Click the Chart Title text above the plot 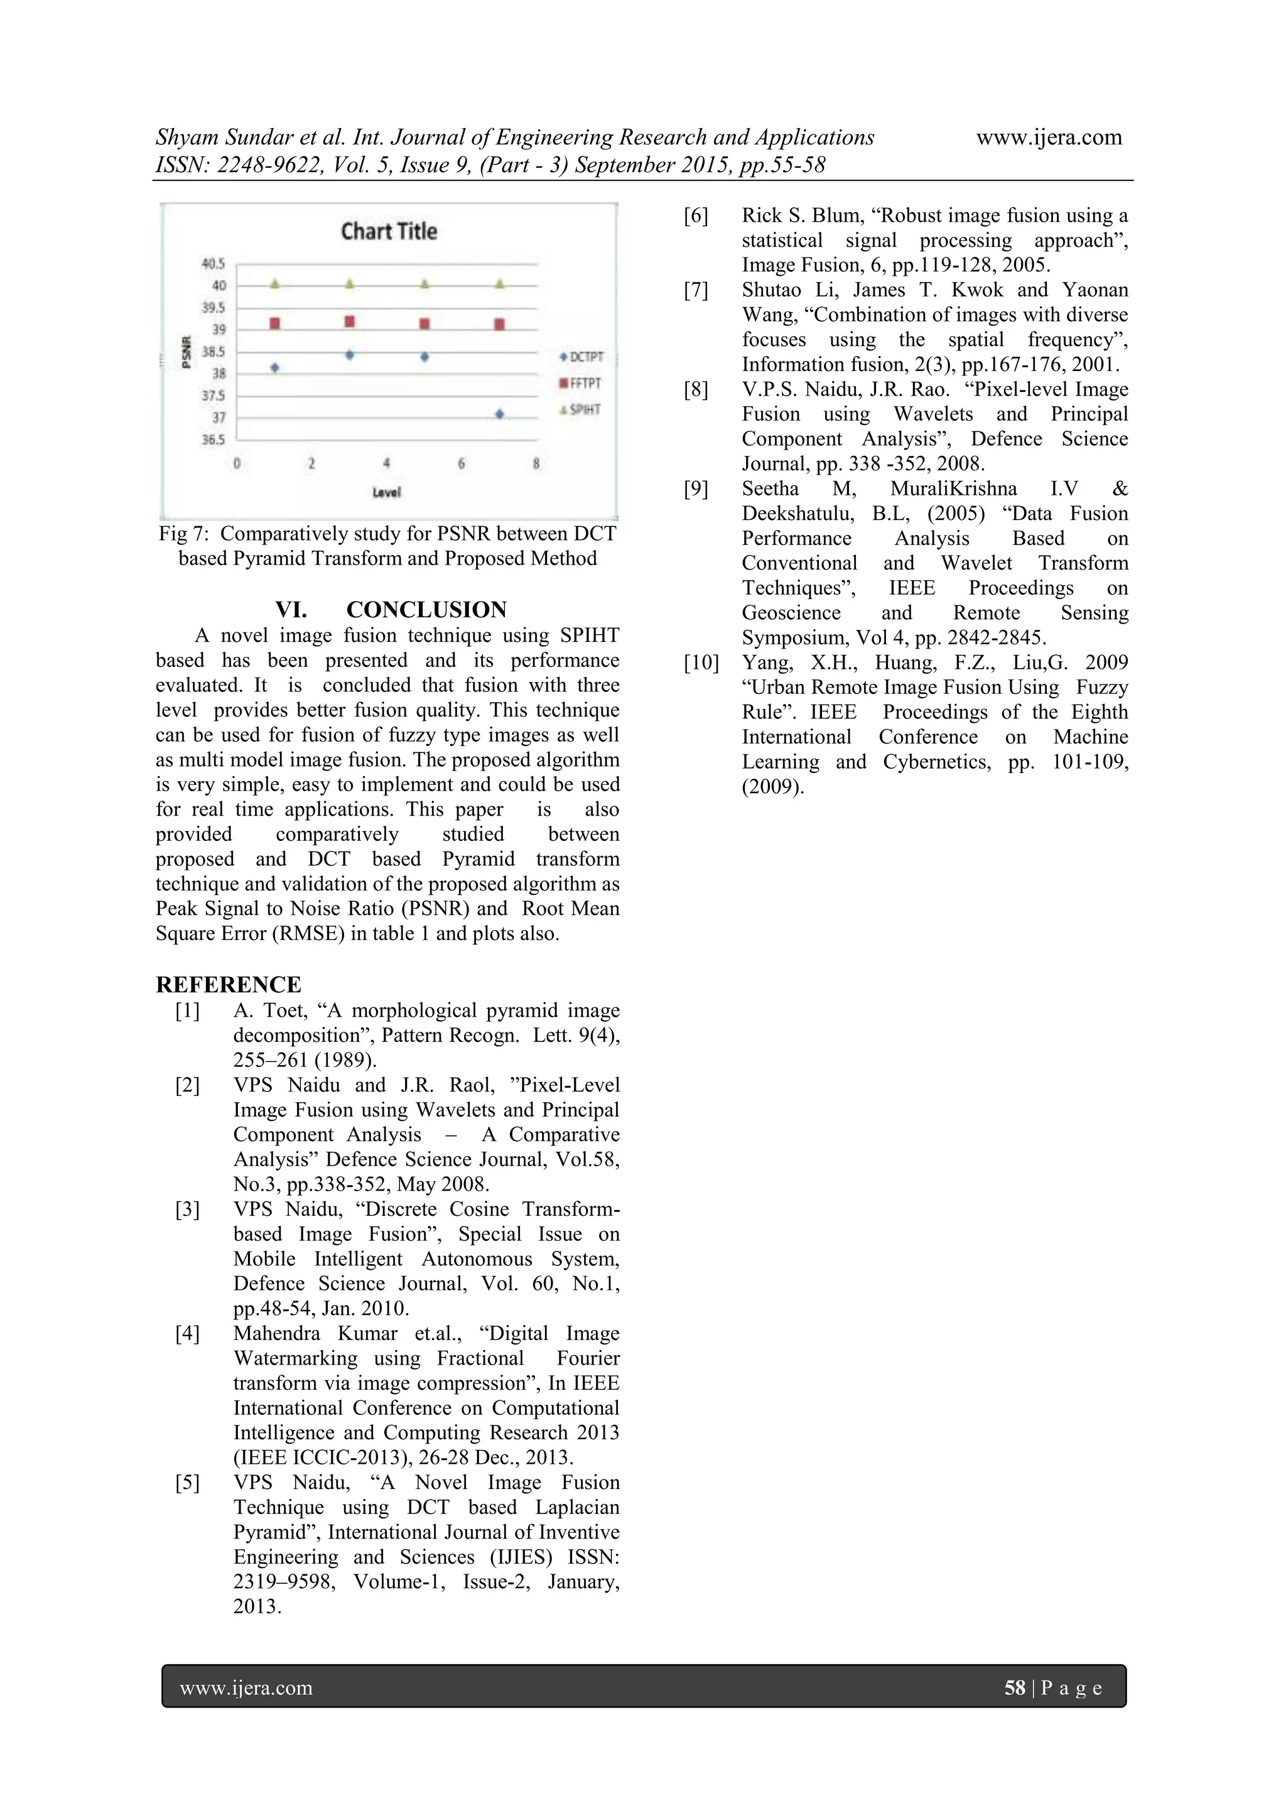389,231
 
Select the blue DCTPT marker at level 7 499,413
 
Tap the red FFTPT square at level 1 275,323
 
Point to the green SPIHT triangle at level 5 424,283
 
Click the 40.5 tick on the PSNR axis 212,264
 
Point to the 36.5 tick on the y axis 212,440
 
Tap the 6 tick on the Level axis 461,464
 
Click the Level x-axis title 386,492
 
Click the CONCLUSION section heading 426,610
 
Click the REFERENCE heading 228,985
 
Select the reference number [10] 701,663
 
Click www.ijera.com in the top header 1049,138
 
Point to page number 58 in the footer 1014,1687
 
